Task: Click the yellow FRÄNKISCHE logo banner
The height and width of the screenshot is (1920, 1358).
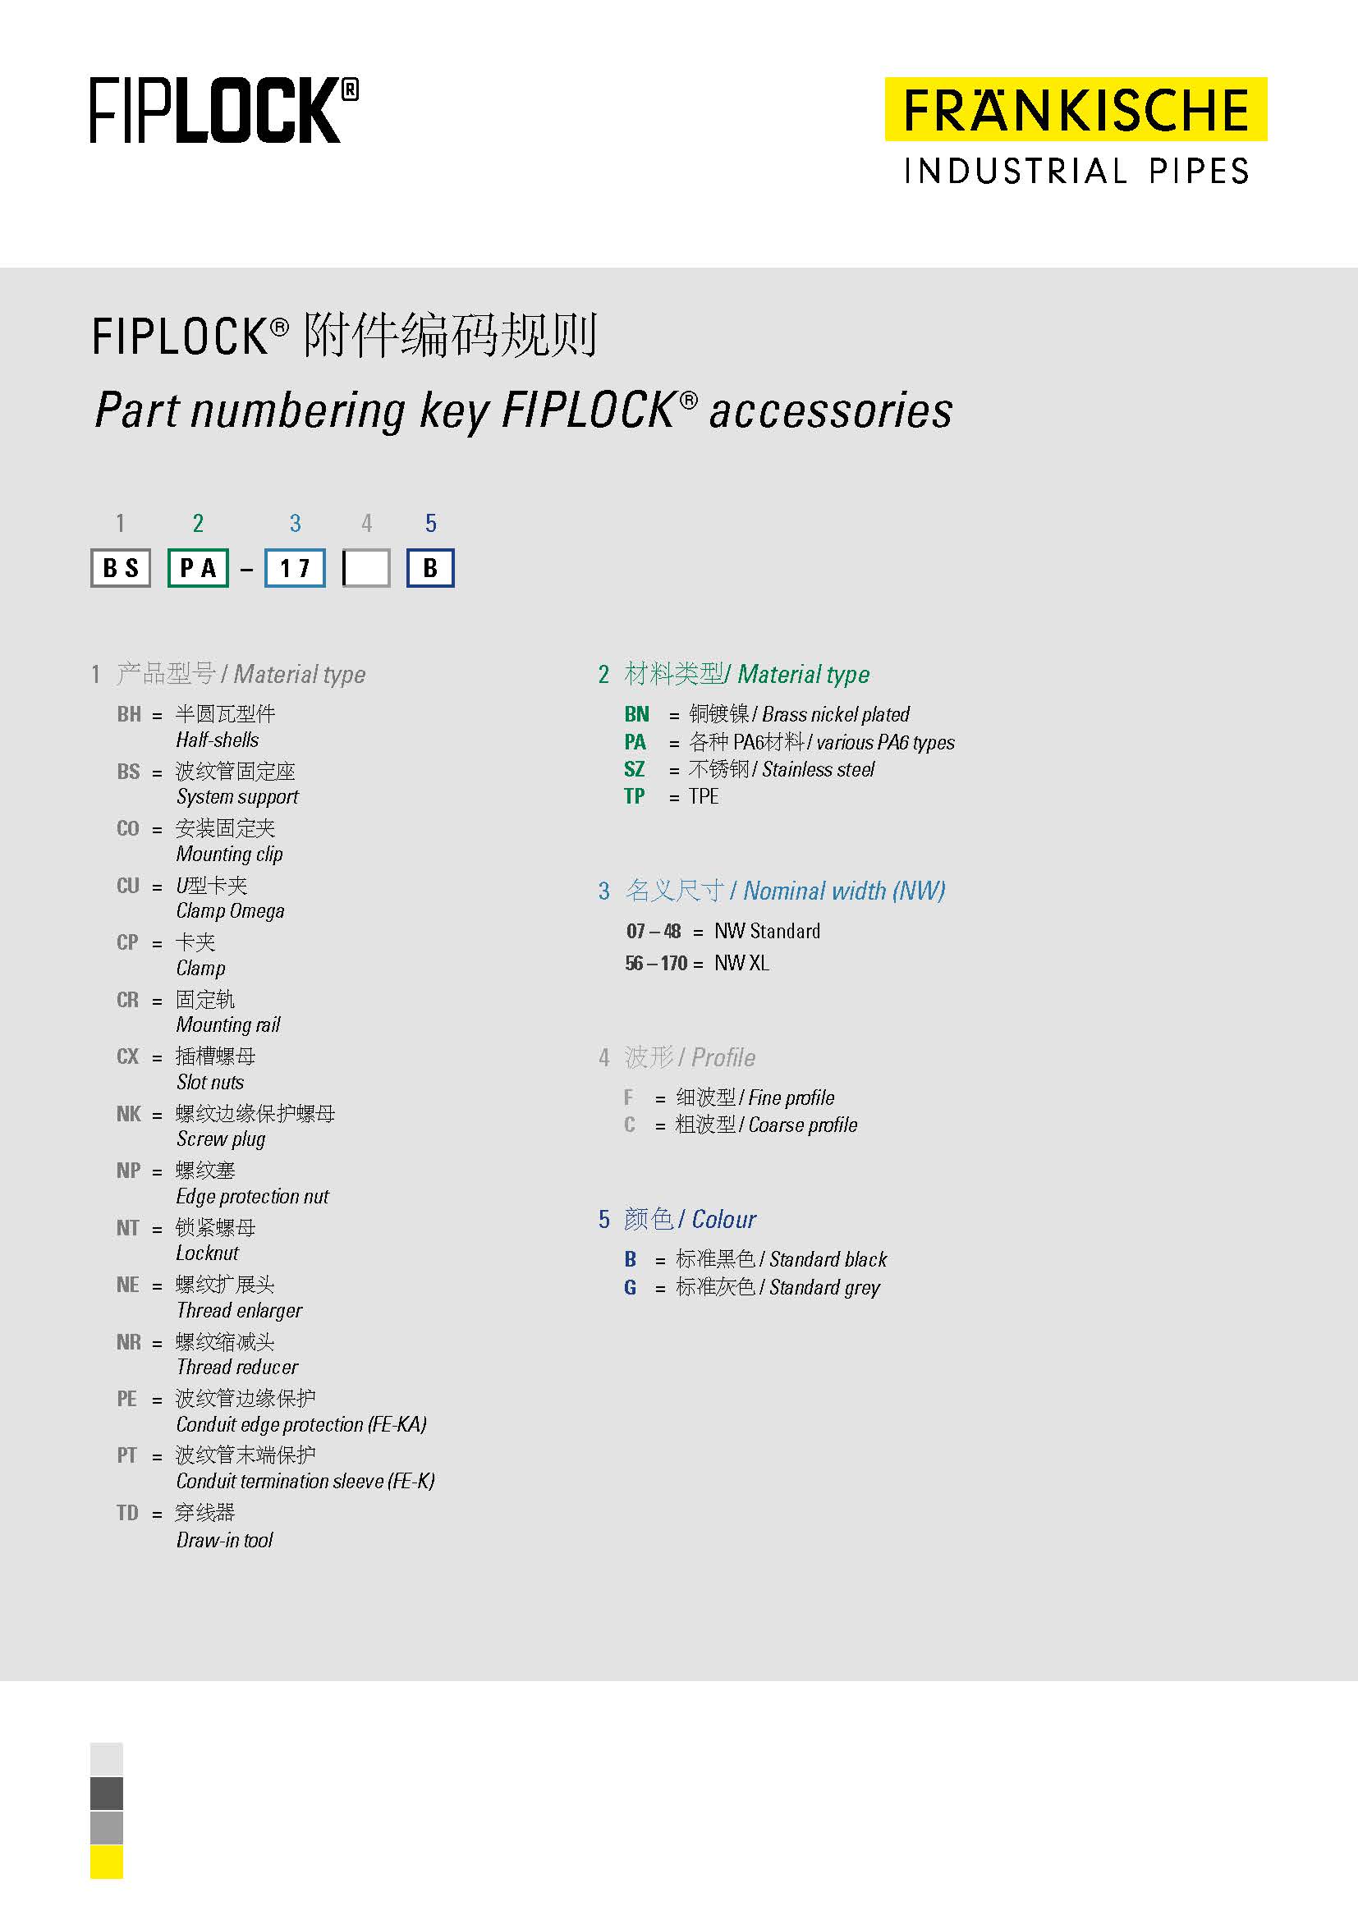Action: click(1076, 109)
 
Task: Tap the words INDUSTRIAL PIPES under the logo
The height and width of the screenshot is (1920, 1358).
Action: click(1076, 172)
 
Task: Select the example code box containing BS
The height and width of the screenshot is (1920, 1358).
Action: click(121, 568)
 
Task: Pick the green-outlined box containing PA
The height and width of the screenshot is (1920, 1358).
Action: click(198, 568)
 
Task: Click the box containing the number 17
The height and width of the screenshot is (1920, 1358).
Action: click(295, 568)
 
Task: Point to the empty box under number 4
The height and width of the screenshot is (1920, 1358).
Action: click(366, 568)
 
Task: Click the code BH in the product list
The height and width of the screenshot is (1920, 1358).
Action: click(129, 714)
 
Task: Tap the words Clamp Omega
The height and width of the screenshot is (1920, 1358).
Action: click(230, 910)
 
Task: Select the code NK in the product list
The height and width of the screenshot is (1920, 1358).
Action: click(129, 1114)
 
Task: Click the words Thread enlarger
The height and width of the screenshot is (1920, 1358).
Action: click(239, 1310)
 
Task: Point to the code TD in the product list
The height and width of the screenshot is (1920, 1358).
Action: click(127, 1513)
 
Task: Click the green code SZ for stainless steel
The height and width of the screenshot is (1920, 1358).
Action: click(635, 769)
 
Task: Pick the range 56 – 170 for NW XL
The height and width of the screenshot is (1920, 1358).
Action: click(657, 964)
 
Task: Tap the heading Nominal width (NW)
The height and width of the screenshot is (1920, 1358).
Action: click(844, 891)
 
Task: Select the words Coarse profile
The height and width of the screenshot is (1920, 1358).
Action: click(803, 1125)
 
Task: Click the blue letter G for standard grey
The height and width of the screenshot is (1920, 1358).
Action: click(631, 1287)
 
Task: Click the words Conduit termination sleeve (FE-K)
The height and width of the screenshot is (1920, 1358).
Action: click(305, 1481)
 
